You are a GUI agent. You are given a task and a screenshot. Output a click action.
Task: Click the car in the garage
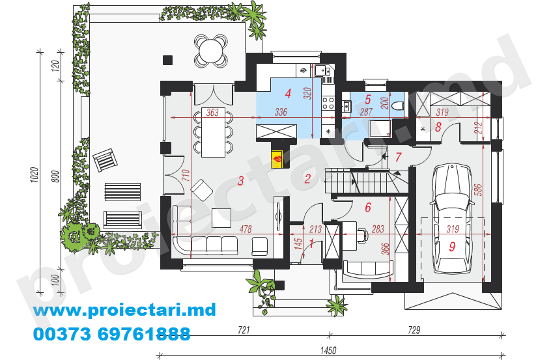click(x=451, y=219)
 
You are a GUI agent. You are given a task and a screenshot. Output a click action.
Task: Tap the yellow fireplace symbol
click(x=277, y=159)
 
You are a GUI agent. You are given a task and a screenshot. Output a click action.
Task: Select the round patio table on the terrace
click(x=211, y=51)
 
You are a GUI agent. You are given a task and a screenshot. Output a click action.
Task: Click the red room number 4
click(x=288, y=94)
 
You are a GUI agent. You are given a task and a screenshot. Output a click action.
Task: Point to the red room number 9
click(x=452, y=246)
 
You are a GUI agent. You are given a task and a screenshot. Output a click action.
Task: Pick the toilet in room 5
click(x=399, y=105)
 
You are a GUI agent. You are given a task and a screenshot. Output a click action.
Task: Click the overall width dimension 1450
click(x=328, y=350)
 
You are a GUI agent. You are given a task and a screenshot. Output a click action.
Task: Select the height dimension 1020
click(x=34, y=175)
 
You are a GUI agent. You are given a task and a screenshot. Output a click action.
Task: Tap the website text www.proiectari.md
click(x=124, y=310)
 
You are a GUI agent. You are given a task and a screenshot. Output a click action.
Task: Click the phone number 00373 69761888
click(x=112, y=334)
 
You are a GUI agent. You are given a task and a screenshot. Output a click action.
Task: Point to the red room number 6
click(x=368, y=207)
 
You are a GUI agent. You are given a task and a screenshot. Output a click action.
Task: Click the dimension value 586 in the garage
click(x=478, y=189)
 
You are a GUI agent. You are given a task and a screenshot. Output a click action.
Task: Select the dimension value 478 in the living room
click(x=246, y=229)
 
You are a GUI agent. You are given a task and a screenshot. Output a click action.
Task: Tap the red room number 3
click(x=240, y=181)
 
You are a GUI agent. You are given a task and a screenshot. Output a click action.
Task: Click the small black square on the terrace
click(x=167, y=60)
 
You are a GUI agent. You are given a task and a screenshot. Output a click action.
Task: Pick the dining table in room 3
click(x=214, y=132)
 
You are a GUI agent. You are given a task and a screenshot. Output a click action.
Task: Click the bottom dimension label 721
click(x=244, y=330)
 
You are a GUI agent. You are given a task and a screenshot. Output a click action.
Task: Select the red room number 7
click(x=398, y=157)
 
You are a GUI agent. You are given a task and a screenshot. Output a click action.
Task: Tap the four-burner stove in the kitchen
click(x=328, y=104)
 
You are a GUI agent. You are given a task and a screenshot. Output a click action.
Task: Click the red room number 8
click(x=438, y=127)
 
